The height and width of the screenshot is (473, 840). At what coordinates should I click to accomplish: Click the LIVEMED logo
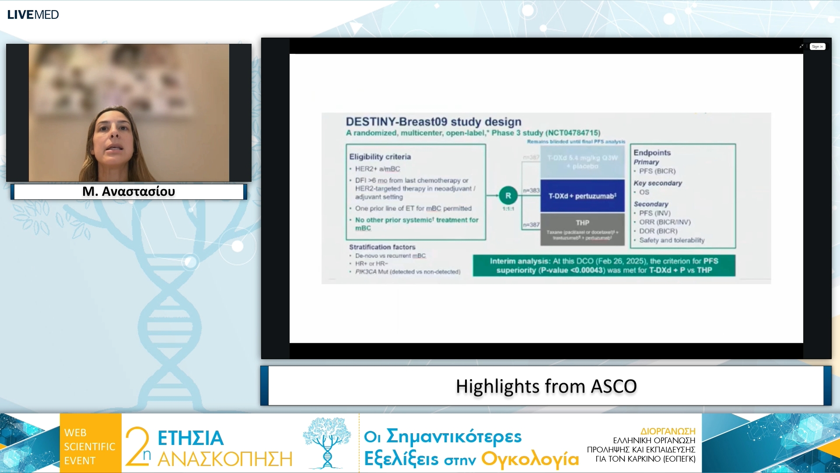click(33, 14)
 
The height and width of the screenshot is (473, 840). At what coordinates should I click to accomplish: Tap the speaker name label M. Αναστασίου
click(129, 191)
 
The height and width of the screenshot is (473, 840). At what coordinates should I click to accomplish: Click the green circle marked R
click(508, 196)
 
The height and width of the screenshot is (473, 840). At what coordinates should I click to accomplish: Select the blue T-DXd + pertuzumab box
click(582, 196)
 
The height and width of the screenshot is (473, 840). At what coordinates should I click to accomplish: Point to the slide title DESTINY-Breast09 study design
click(433, 122)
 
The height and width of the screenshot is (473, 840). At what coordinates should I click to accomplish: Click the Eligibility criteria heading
click(380, 157)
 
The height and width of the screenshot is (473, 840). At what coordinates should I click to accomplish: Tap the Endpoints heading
click(652, 152)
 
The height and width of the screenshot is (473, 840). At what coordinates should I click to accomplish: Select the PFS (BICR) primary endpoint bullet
click(657, 171)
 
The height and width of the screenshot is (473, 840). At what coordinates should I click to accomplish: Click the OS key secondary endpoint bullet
click(644, 192)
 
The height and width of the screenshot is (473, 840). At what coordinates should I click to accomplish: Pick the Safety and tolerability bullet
click(672, 240)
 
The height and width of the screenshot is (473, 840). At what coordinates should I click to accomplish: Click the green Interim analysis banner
click(604, 265)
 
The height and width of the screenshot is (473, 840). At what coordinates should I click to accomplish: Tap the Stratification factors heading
click(382, 247)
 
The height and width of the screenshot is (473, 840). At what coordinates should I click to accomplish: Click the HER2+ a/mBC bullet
click(377, 169)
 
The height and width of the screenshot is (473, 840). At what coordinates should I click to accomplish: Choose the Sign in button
click(817, 46)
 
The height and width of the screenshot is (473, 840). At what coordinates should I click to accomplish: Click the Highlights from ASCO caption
click(546, 386)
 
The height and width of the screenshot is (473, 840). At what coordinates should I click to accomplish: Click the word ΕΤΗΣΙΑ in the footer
click(190, 438)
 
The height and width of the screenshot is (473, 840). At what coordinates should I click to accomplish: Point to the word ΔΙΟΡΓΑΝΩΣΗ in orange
click(668, 431)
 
